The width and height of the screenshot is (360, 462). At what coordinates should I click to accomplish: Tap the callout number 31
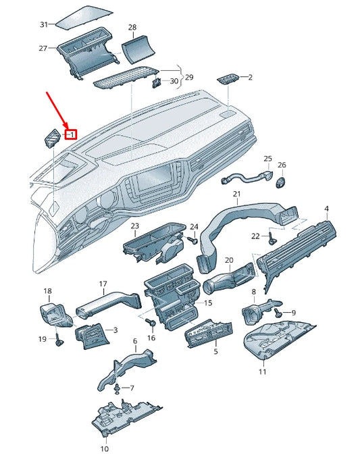(x=44, y=25)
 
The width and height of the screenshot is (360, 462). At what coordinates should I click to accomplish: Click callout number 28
(x=132, y=28)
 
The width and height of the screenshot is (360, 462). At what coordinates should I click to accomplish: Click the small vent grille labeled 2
(x=227, y=79)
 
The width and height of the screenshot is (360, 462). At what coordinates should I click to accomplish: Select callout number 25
(x=268, y=159)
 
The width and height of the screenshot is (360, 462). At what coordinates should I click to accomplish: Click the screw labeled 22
(x=272, y=237)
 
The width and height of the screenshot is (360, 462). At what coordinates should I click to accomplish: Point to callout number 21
(x=236, y=195)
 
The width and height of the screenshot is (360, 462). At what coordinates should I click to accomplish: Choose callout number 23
(x=135, y=226)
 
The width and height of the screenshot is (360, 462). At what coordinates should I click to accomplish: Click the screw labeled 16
(x=151, y=324)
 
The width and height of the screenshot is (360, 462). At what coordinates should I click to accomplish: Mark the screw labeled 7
(x=119, y=388)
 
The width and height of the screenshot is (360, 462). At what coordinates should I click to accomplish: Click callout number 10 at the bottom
(x=105, y=448)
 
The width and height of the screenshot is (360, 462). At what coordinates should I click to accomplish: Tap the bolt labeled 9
(x=279, y=312)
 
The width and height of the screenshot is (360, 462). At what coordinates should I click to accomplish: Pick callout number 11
(x=263, y=372)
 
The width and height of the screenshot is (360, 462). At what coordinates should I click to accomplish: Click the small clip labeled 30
(x=156, y=83)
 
